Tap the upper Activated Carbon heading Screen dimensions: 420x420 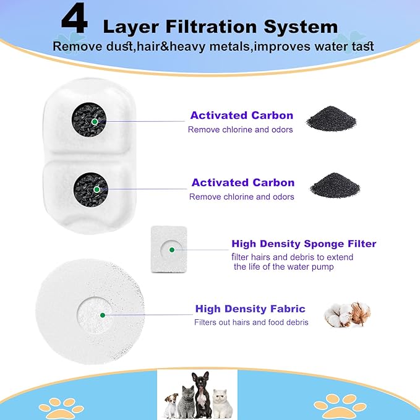(241, 116)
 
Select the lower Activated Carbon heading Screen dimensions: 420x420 (242, 182)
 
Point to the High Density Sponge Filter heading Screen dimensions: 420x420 (304, 244)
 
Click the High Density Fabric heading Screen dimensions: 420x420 (250, 309)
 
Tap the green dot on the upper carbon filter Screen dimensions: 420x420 (94, 122)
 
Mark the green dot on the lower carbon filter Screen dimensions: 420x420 (95, 189)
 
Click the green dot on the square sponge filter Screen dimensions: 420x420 (171, 250)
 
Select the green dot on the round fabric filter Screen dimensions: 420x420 (102, 315)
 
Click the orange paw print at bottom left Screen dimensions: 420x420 (61, 406)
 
